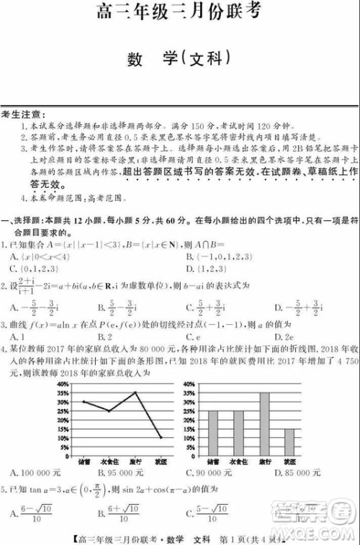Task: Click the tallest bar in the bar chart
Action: (264, 420)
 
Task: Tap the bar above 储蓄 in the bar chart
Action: (213, 429)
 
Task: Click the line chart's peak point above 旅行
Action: (135, 392)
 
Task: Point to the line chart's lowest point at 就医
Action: (160, 437)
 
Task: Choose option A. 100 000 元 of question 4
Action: (36, 473)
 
